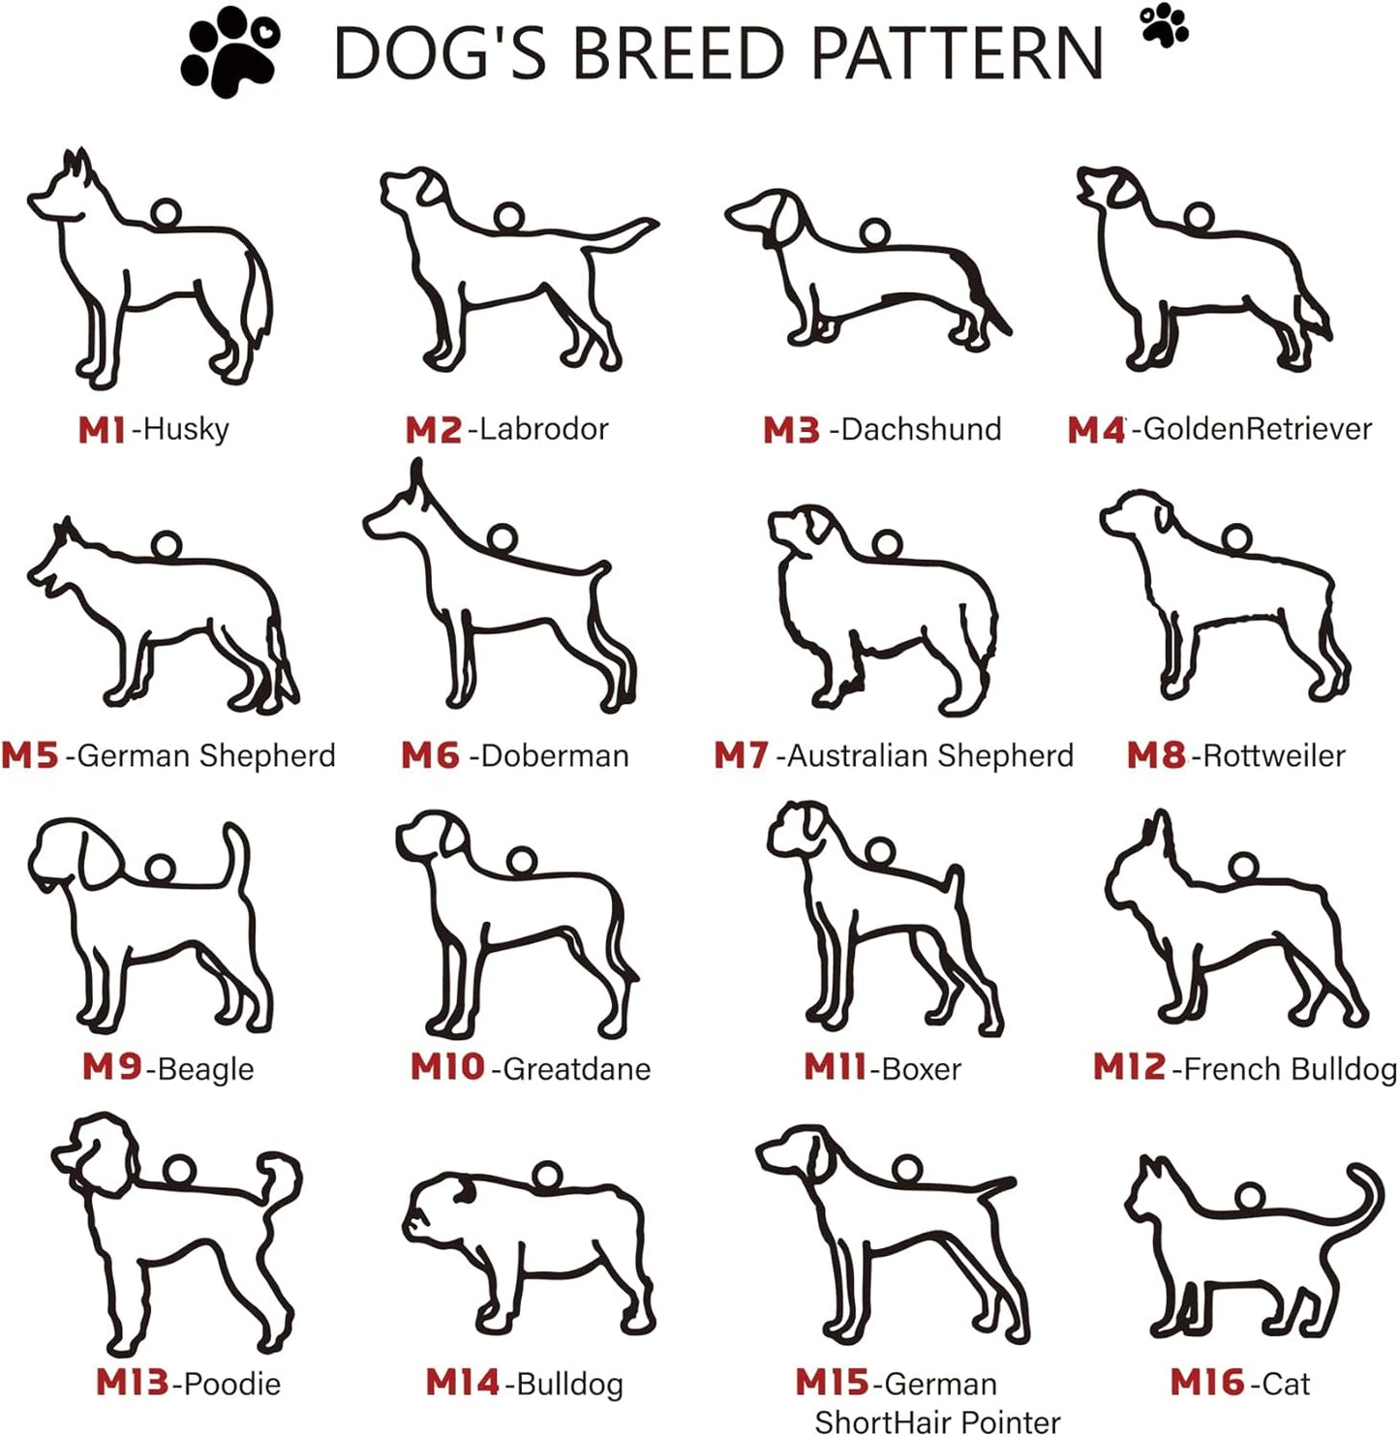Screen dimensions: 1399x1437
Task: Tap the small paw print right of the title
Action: (x=1165, y=25)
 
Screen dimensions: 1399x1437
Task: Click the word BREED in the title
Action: (x=678, y=53)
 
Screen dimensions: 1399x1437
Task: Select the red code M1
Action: (x=102, y=431)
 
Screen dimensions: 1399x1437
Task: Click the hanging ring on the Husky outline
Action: (x=167, y=213)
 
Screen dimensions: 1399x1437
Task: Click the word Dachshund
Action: (x=921, y=429)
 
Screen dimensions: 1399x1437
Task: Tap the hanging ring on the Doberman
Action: (x=502, y=536)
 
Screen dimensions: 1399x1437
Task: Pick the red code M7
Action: (x=742, y=756)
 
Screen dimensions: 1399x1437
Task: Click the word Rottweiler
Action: (x=1273, y=756)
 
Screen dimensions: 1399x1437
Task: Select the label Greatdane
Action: (x=577, y=1069)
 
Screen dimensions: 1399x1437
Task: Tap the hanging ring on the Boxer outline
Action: (x=879, y=852)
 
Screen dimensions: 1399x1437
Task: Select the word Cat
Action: (x=1286, y=1384)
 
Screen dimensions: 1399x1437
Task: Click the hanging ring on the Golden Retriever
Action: (x=1199, y=218)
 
